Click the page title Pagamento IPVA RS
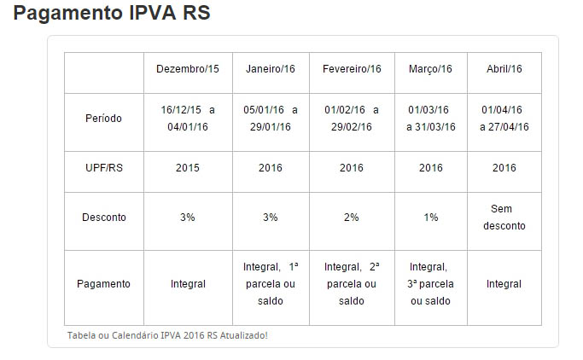click(112, 15)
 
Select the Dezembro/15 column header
click(187, 69)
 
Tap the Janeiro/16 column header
click(270, 69)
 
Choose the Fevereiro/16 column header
click(352, 69)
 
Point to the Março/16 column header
click(430, 69)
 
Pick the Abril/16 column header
click(504, 69)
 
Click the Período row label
click(104, 119)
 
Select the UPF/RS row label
click(104, 168)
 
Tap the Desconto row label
click(104, 218)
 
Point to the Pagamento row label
click(104, 284)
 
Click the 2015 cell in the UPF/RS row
click(187, 168)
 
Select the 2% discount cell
click(352, 218)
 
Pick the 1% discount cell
click(430, 218)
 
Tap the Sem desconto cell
click(504, 218)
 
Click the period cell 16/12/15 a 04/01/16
click(187, 119)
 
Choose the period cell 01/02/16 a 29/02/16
click(352, 119)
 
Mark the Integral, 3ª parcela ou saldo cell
click(430, 284)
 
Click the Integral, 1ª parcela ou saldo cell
click(270, 284)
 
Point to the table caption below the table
click(167, 335)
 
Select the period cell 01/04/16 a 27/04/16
click(504, 119)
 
